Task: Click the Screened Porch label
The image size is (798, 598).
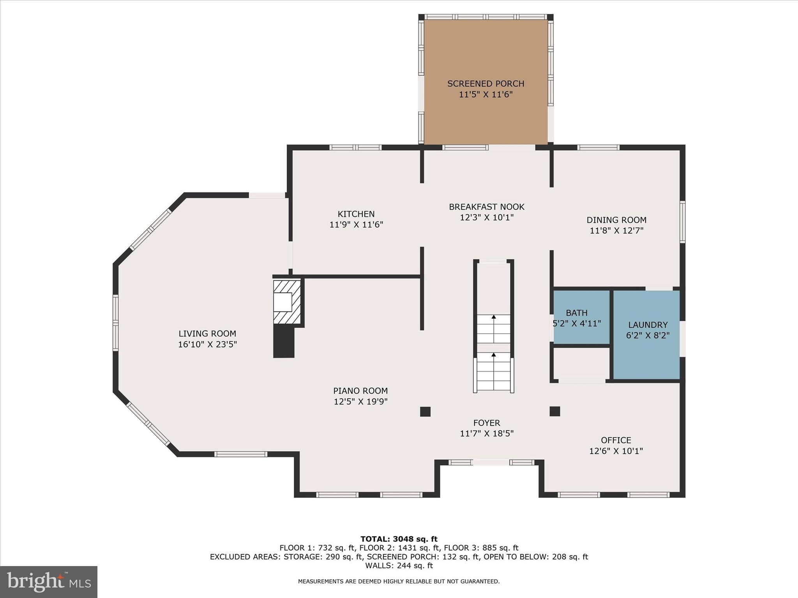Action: click(x=486, y=84)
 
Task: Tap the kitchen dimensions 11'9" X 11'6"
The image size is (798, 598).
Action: click(x=356, y=225)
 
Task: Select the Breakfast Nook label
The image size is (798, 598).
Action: click(x=486, y=207)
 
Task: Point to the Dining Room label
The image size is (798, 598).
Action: click(x=616, y=220)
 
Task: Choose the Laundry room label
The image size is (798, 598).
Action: click(x=648, y=325)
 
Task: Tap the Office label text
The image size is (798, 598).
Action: click(x=616, y=440)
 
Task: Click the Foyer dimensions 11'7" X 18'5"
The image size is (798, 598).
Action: click(x=487, y=433)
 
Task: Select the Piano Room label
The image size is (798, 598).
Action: click(x=360, y=390)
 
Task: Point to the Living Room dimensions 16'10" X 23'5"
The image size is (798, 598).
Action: click(x=207, y=344)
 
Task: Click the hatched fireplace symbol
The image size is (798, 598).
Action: click(x=287, y=302)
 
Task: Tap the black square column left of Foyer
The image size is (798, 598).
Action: click(x=425, y=412)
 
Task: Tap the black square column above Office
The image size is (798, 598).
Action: click(x=554, y=411)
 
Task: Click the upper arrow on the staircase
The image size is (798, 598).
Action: click(x=494, y=318)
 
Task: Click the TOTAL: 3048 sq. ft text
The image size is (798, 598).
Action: click(x=399, y=539)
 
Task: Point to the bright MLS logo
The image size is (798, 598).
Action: click(x=49, y=582)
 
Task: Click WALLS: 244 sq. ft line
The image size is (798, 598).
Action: click(x=399, y=565)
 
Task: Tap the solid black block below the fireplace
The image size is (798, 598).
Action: click(x=284, y=341)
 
